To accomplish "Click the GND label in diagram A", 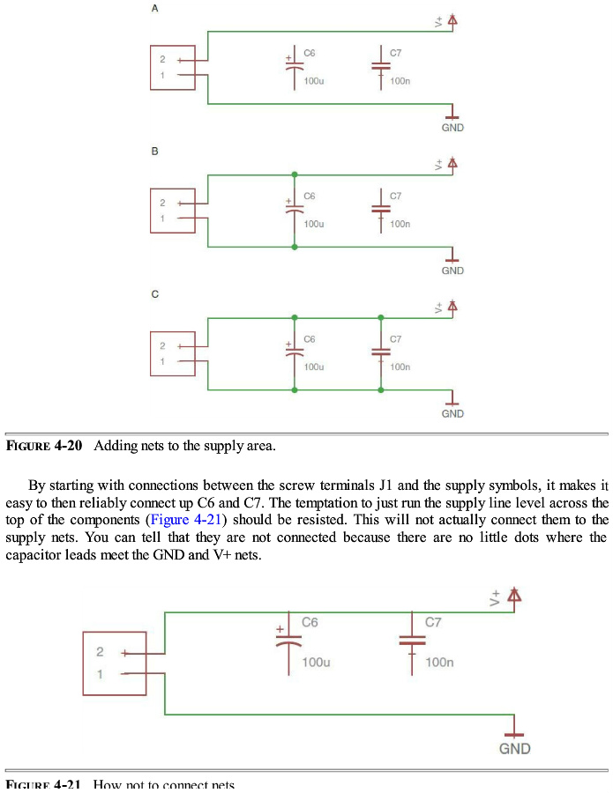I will coord(452,128).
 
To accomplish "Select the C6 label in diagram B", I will coord(309,196).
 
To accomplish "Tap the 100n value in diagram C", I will coord(400,367).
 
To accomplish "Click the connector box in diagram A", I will coord(172,68).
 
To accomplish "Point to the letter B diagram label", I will coord(154,152).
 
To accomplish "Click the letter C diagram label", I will coord(154,294).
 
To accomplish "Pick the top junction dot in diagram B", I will coord(295,174).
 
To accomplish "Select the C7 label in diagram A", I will coord(395,53).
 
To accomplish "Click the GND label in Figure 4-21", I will coord(515,749).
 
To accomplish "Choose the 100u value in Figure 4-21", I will coord(315,662).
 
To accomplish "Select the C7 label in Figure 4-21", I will coord(433,622).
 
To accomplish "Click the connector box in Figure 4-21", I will coord(114,663).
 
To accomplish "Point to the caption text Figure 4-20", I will coord(44,446).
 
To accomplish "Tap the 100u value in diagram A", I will coord(314,81).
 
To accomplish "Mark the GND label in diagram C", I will coord(452,413).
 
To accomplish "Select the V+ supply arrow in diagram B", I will coord(452,164).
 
